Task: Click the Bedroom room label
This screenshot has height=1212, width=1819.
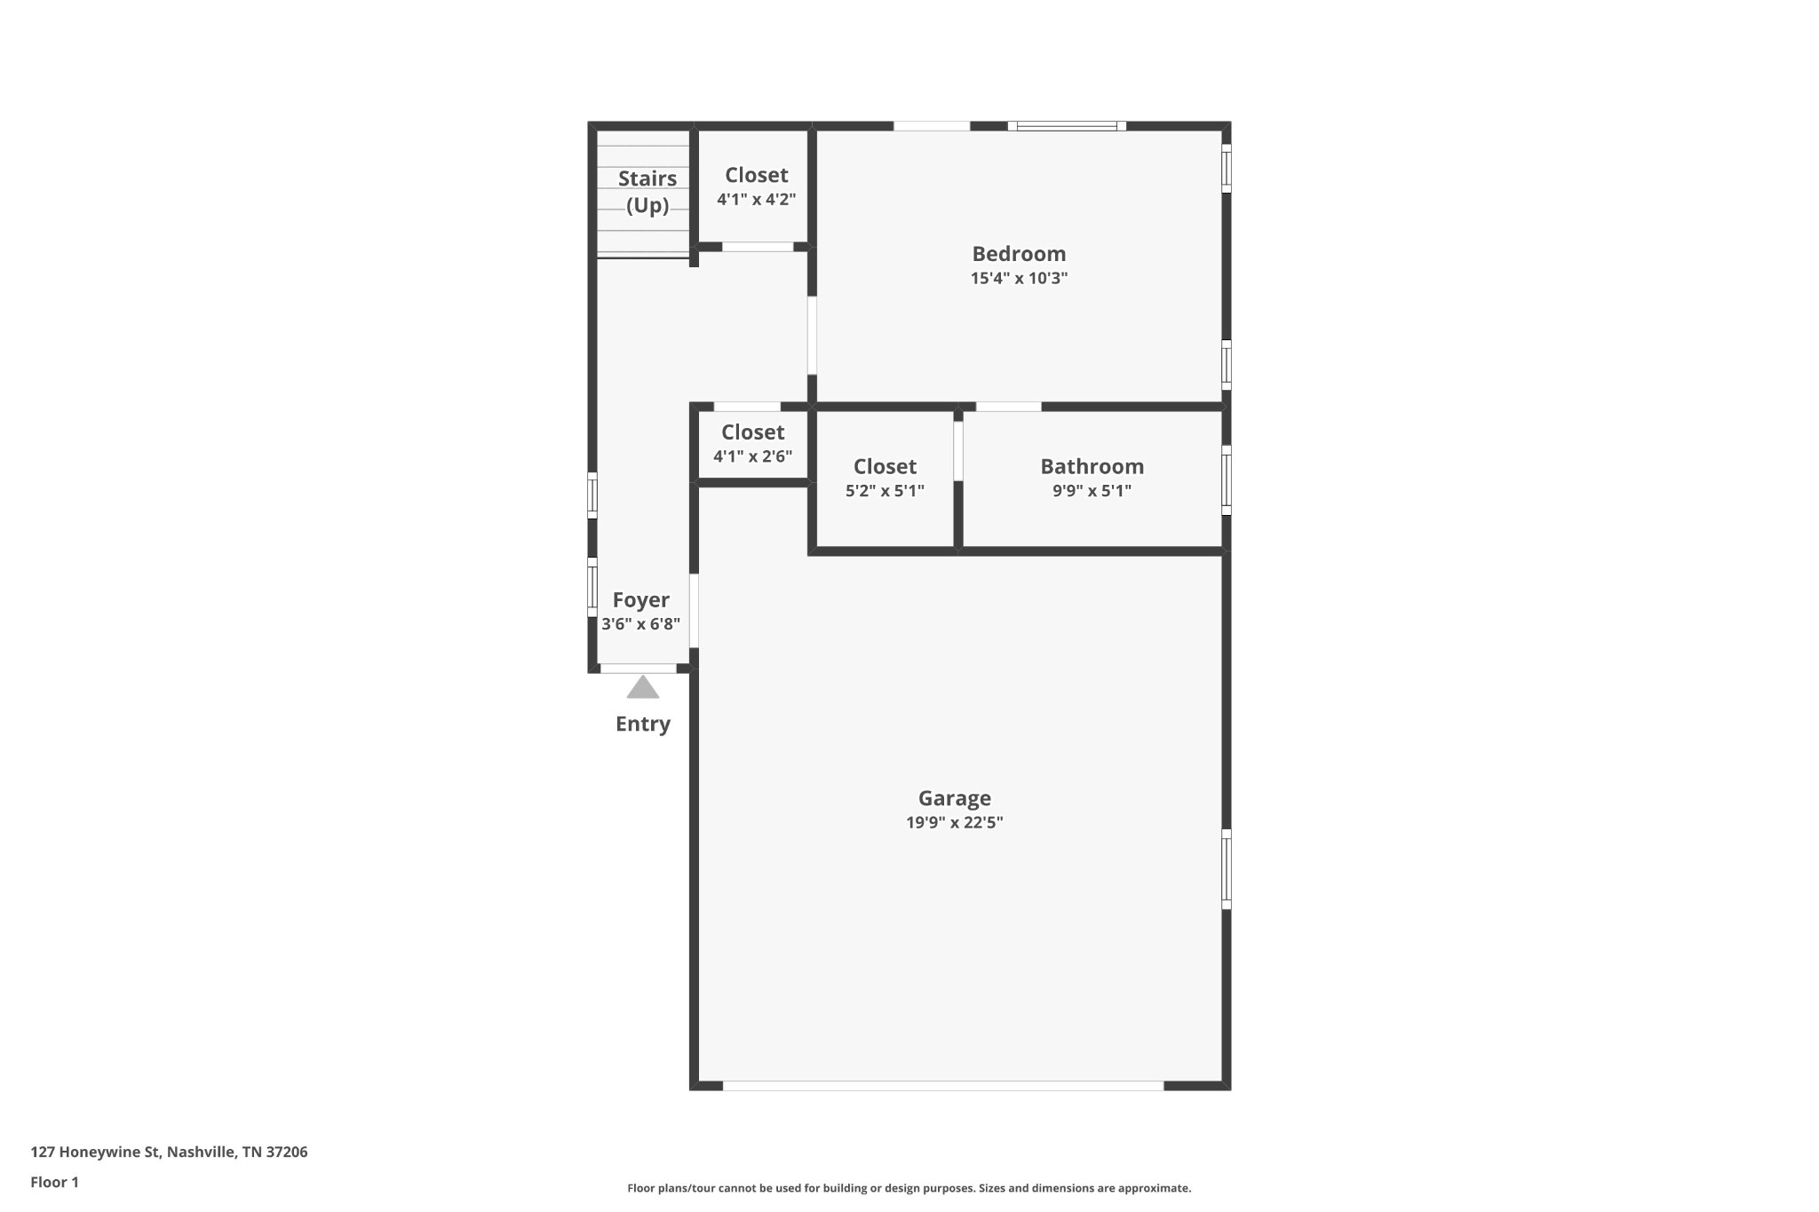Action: pyautogui.click(x=1018, y=254)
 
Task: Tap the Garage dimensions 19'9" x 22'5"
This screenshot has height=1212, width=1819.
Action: pyautogui.click(x=954, y=822)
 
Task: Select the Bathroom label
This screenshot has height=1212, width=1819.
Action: pyautogui.click(x=1092, y=466)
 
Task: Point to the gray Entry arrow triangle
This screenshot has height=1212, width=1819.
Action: pyautogui.click(x=643, y=688)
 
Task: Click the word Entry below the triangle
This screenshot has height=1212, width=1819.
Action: pyautogui.click(x=643, y=724)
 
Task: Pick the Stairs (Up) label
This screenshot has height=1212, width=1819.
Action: pyautogui.click(x=647, y=192)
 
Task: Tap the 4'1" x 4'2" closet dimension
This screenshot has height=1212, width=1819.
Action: pyautogui.click(x=756, y=200)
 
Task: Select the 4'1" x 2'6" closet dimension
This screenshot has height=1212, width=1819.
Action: pyautogui.click(x=752, y=456)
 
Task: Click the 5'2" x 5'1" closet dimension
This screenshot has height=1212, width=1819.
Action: pyautogui.click(x=885, y=491)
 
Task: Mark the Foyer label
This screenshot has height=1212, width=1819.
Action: pyautogui.click(x=640, y=600)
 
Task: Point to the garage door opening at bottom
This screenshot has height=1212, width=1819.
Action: pyautogui.click(x=943, y=1085)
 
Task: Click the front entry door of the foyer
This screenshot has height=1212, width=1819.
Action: pyautogui.click(x=639, y=668)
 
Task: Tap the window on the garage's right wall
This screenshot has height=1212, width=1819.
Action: pyautogui.click(x=1227, y=869)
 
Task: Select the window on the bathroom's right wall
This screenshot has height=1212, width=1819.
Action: pyautogui.click(x=1227, y=480)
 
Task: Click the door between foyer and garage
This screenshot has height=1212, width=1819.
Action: pyautogui.click(x=694, y=611)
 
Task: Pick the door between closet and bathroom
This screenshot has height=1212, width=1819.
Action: pyautogui.click(x=958, y=451)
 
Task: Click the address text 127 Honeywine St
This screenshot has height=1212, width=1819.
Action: pyautogui.click(x=169, y=1152)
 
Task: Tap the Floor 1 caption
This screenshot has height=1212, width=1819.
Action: pyautogui.click(x=54, y=1182)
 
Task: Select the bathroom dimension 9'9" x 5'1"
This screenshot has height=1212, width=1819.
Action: pyautogui.click(x=1092, y=491)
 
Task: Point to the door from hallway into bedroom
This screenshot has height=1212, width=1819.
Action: pyautogui.click(x=812, y=335)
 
